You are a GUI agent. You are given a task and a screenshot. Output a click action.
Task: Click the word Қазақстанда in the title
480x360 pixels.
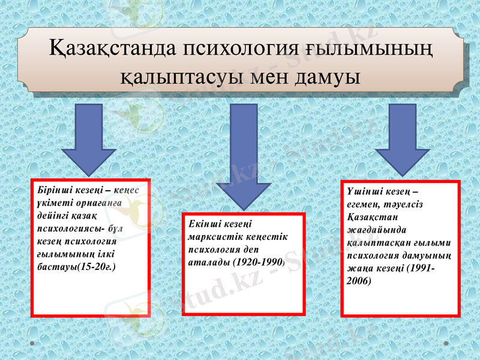point(112,49)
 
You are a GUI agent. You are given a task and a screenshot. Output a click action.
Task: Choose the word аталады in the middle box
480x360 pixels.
point(209,262)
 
